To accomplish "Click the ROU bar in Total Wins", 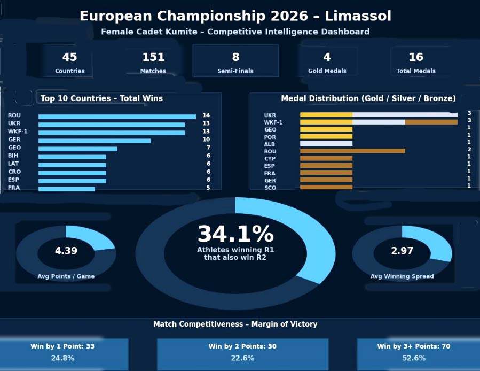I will pyautogui.click(x=117, y=116).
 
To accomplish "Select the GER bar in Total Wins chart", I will pyautogui.click(x=95, y=141).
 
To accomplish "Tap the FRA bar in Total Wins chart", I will pyautogui.click(x=66, y=189).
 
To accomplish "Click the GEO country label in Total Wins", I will pyautogui.click(x=14, y=148).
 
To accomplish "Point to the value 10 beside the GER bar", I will pyautogui.click(x=206, y=140).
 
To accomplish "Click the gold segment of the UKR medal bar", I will pyautogui.click(x=326, y=114).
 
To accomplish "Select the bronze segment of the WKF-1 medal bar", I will pyautogui.click(x=431, y=122).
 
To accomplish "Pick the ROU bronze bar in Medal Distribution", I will pyautogui.click(x=352, y=151).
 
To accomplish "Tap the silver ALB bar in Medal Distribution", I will pyautogui.click(x=326, y=143).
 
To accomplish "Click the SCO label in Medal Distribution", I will pyautogui.click(x=270, y=188).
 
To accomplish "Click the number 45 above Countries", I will pyautogui.click(x=69, y=57).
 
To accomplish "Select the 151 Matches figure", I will pyautogui.click(x=153, y=57).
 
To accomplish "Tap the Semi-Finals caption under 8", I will pyautogui.click(x=235, y=71).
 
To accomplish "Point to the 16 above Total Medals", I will pyautogui.click(x=416, y=57).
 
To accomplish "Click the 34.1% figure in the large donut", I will pyautogui.click(x=235, y=235).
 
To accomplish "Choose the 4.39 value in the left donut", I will pyautogui.click(x=66, y=251).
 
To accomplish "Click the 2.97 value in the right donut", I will pyautogui.click(x=402, y=251).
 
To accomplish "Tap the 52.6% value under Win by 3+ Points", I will pyautogui.click(x=414, y=358).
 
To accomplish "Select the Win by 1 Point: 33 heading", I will pyautogui.click(x=62, y=346).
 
